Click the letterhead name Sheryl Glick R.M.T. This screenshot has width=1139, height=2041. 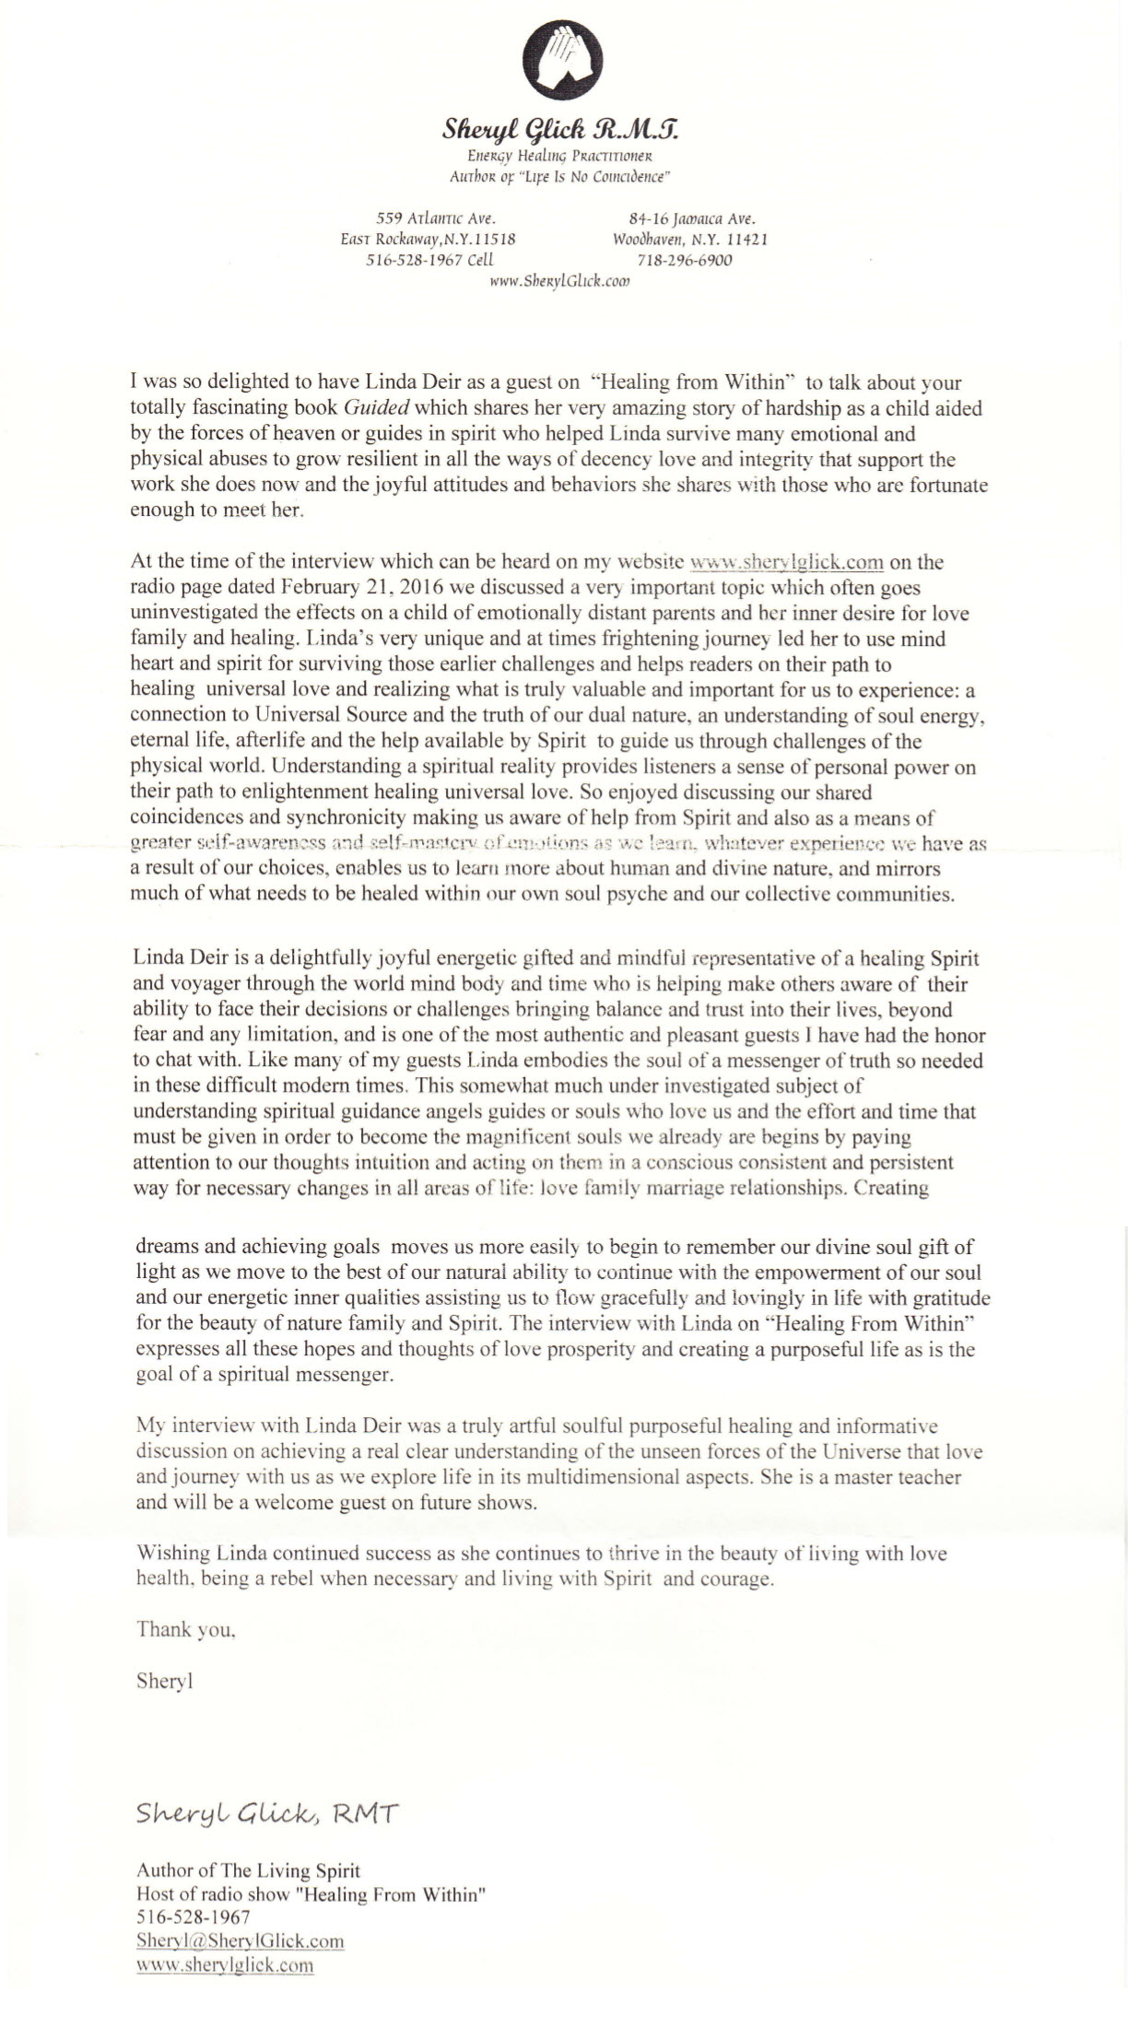pyautogui.click(x=561, y=130)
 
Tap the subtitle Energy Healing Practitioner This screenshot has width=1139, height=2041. pyautogui.click(x=561, y=155)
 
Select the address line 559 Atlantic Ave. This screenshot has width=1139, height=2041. pyautogui.click(x=437, y=218)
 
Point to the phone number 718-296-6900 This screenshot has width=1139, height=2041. pyautogui.click(x=685, y=260)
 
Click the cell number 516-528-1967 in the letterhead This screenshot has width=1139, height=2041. pyautogui.click(x=429, y=260)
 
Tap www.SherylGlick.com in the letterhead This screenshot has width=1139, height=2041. pyautogui.click(x=559, y=282)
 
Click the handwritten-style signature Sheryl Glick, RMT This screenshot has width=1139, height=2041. pyautogui.click(x=266, y=1813)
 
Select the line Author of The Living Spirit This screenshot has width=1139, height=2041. pyautogui.click(x=248, y=1871)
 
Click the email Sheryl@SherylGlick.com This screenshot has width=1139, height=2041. pyautogui.click(x=240, y=1941)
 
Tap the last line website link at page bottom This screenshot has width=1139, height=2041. pyautogui.click(x=225, y=1965)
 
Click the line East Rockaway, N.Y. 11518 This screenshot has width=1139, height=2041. pyautogui.click(x=428, y=240)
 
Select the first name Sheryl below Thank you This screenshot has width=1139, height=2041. pyautogui.click(x=164, y=1681)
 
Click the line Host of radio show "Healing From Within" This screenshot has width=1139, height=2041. pyautogui.click(x=311, y=1894)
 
